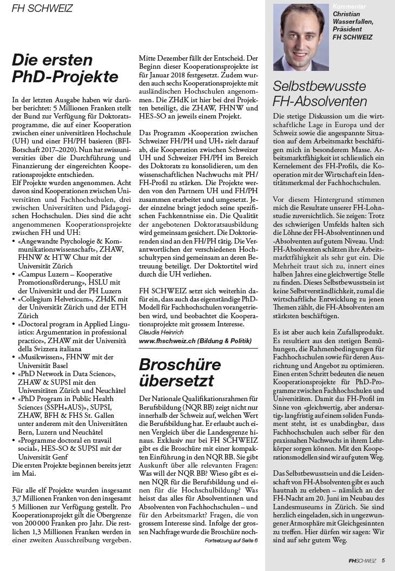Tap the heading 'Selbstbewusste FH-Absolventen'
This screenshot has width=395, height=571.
(x=319, y=94)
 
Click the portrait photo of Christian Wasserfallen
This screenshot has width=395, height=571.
(x=301, y=38)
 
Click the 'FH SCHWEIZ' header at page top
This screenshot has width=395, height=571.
(x=42, y=9)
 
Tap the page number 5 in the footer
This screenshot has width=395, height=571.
(x=383, y=561)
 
